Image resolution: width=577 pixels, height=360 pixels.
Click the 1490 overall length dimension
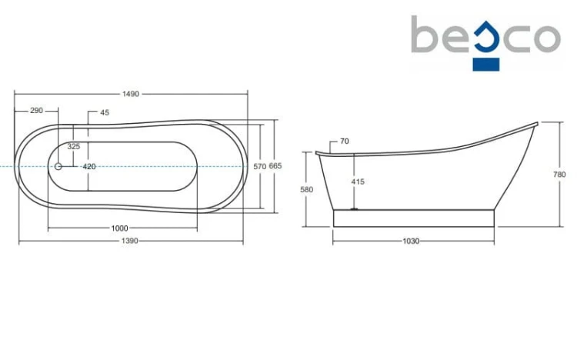click(131, 94)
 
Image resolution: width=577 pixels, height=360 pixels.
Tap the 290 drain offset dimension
click(36, 111)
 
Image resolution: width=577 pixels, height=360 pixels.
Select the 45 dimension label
click(105, 112)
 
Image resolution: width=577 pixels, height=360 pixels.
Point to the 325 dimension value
click(74, 146)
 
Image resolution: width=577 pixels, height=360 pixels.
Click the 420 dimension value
click(89, 167)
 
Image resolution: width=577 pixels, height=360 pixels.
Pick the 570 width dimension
click(259, 167)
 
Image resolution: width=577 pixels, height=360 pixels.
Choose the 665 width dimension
click(275, 166)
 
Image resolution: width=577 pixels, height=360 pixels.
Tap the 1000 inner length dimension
click(119, 228)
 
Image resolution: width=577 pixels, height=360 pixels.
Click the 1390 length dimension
click(129, 241)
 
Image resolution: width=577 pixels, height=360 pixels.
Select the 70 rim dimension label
click(345, 141)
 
